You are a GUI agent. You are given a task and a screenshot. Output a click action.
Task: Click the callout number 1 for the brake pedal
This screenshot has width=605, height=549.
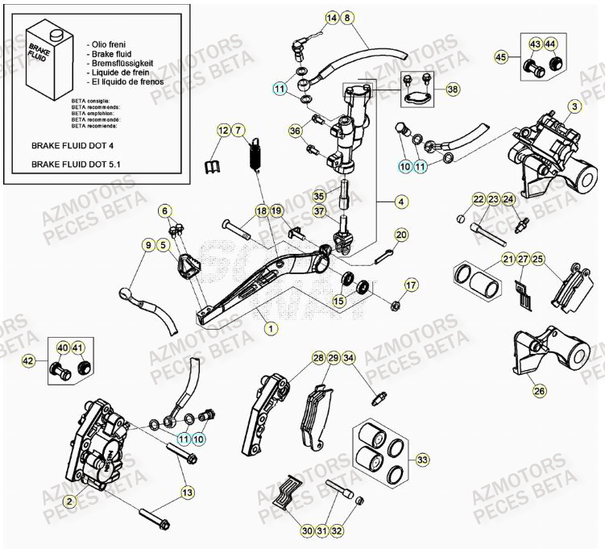(271, 328)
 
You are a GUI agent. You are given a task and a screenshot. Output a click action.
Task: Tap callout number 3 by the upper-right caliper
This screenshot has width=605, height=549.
(574, 106)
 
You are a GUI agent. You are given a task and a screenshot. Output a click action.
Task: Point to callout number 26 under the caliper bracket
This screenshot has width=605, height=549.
(539, 391)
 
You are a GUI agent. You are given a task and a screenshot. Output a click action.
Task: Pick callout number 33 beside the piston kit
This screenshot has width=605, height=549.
(421, 460)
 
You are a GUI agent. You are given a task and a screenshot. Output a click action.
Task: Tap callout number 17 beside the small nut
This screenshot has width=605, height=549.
(411, 285)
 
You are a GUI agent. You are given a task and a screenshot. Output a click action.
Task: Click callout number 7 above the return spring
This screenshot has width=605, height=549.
(239, 130)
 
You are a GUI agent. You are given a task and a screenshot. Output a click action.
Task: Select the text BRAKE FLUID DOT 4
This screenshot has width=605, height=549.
(72, 148)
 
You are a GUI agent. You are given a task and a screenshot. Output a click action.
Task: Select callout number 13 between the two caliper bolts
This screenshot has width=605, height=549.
(187, 493)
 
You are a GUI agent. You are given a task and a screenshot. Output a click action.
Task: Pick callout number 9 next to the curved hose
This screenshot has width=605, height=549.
(147, 244)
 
